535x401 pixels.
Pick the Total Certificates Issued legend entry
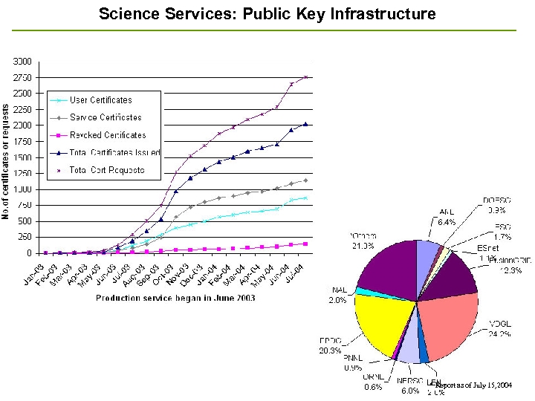(114, 153)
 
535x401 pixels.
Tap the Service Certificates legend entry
(105, 117)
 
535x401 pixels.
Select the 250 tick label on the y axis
(25, 237)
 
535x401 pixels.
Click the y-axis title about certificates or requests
(6, 162)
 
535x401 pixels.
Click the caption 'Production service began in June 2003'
(175, 298)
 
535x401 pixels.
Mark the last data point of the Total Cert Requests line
(305, 76)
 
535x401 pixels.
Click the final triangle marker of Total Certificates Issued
(305, 125)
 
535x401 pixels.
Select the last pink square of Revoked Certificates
(305, 244)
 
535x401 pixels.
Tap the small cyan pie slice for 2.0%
(360, 291)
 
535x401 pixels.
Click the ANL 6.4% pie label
(447, 217)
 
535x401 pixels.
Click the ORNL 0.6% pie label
(374, 382)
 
